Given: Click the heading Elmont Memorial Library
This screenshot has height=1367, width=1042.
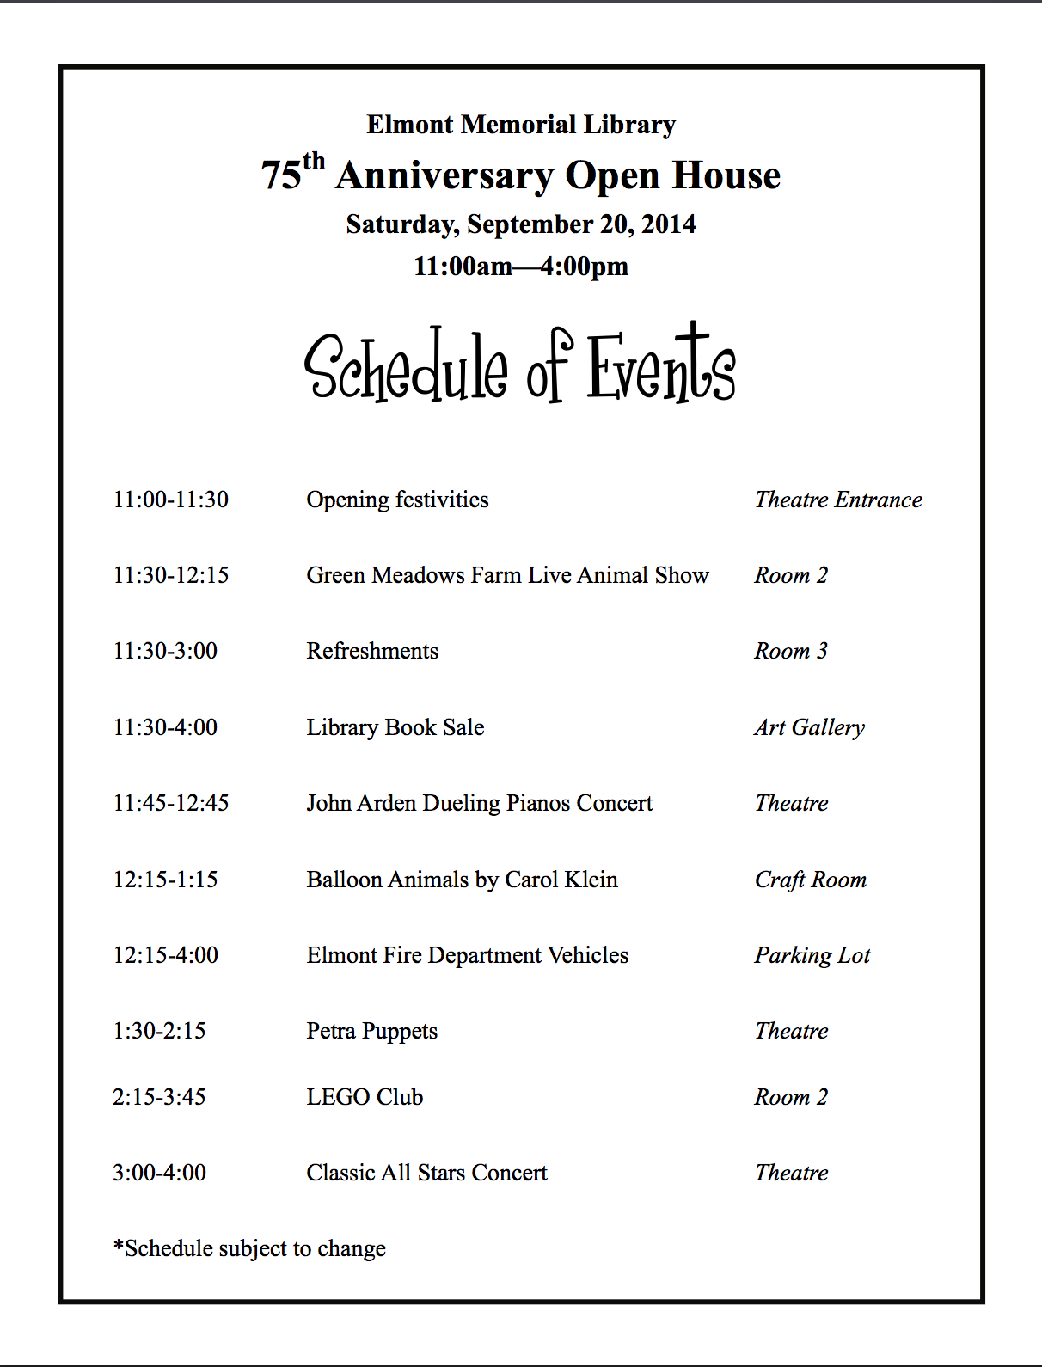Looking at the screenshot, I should (521, 126).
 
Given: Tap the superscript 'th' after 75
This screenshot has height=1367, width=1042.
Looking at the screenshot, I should (314, 162).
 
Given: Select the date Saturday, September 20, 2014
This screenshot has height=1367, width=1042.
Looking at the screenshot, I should (521, 224).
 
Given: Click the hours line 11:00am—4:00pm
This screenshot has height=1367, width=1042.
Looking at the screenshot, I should (521, 267).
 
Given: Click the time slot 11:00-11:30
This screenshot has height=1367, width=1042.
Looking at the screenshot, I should (171, 500).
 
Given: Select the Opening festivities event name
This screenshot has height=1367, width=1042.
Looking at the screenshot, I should (397, 500).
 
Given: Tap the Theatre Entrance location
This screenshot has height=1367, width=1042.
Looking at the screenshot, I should (838, 500).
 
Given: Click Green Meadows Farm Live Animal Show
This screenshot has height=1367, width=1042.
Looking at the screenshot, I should (507, 575).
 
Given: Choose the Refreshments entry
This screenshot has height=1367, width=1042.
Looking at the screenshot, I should (372, 651).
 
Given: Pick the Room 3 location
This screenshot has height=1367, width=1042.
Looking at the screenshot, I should (791, 651).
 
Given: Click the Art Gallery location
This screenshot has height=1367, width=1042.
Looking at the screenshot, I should (809, 727).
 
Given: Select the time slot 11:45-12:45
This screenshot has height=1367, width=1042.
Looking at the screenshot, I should (171, 803).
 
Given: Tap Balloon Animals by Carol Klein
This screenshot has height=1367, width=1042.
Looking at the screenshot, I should (462, 880).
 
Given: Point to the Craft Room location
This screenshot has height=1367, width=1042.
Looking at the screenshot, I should (811, 880).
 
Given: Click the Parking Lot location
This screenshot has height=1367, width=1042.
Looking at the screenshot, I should (812, 955).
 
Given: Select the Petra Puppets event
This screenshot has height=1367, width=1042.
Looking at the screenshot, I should (371, 1031).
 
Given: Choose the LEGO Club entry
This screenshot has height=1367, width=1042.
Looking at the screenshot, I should (365, 1097).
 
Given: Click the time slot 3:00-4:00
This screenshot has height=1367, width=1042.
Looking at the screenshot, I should (159, 1173).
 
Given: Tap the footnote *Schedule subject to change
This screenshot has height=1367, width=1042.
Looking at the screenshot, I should (249, 1248).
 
